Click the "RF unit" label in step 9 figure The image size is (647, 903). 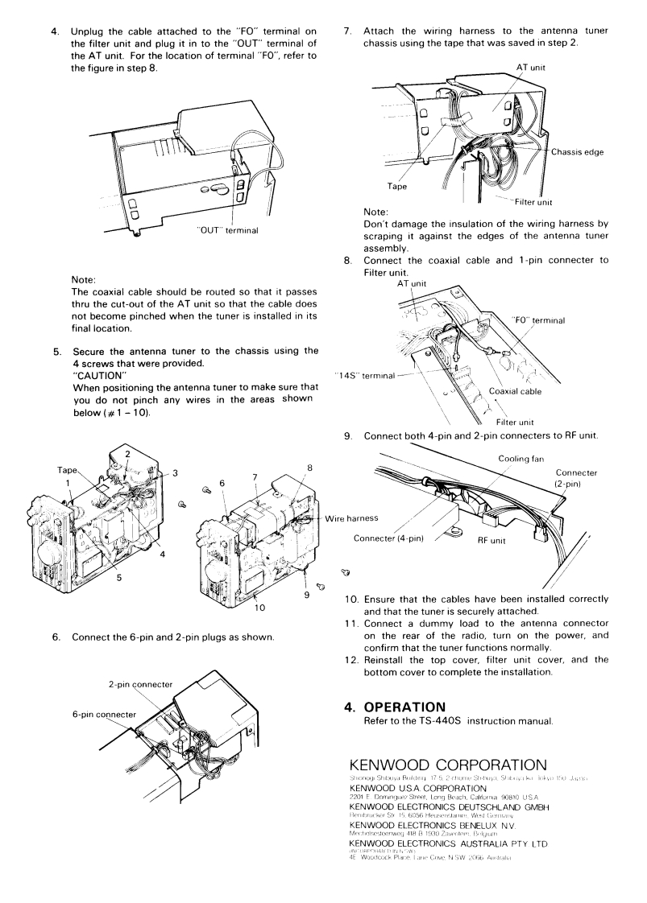click(x=491, y=540)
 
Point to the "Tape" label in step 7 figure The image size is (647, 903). click(x=398, y=187)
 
